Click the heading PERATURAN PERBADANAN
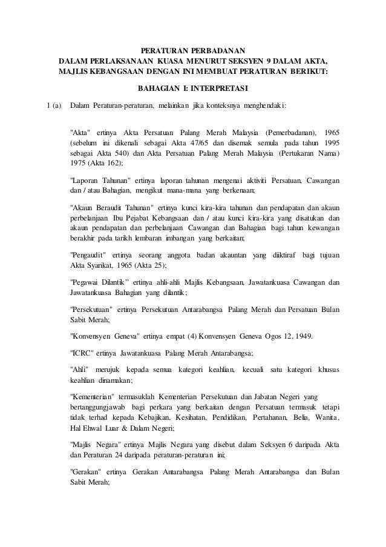click(194, 50)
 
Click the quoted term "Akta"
click(81, 132)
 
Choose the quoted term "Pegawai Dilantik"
click(99, 282)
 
